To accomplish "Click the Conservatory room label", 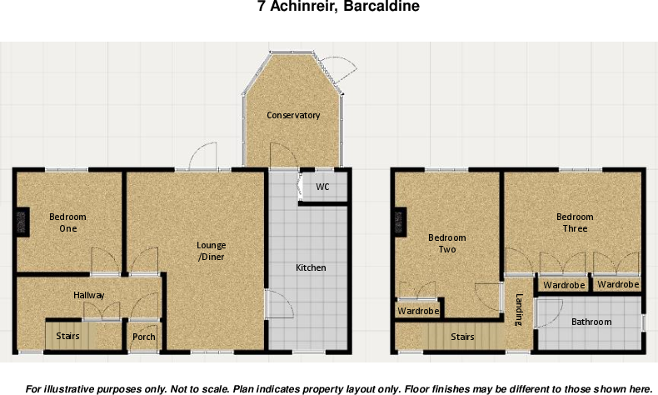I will tap(293, 115).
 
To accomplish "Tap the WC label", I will tap(322, 187).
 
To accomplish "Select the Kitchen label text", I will tap(311, 267).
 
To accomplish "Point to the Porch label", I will tap(144, 337).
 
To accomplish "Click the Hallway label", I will tap(88, 295).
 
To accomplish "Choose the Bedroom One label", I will tap(67, 222).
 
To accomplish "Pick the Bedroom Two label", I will tap(447, 243).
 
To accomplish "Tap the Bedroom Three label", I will tap(575, 222).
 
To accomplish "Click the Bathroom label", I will tap(591, 322).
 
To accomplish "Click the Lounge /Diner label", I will tap(211, 251).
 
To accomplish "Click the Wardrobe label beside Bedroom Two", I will tap(418, 311).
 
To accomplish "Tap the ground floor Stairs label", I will tap(68, 337).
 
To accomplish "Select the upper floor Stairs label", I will tap(462, 337).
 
